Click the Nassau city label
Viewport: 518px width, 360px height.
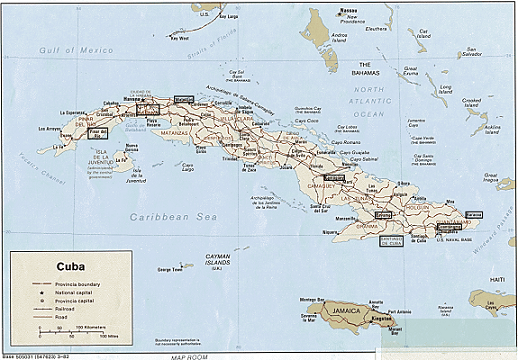tap(346, 10)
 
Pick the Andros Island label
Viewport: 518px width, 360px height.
tap(338, 38)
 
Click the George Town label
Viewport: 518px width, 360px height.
tap(174, 267)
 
